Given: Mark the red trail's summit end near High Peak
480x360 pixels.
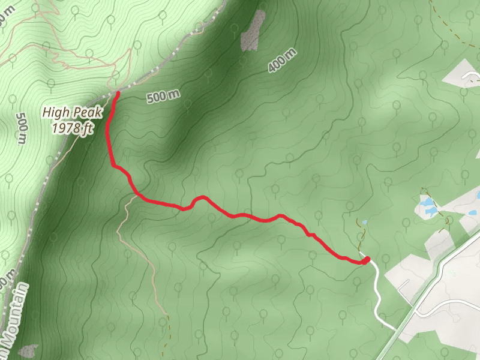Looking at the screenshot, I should [117, 94].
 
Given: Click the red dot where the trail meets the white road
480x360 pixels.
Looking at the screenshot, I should [365, 260].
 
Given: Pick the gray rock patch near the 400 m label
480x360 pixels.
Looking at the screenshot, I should [253, 31].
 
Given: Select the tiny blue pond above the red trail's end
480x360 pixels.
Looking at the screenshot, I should [364, 223].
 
